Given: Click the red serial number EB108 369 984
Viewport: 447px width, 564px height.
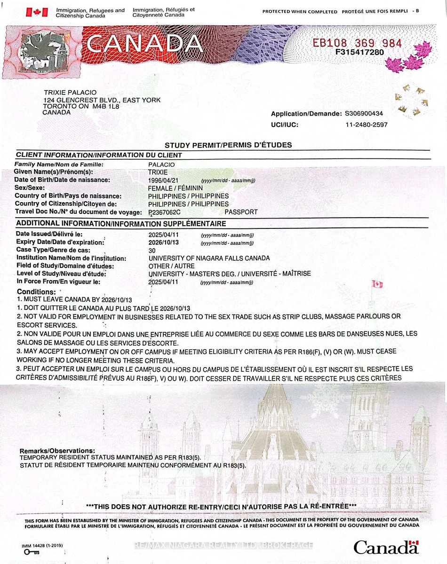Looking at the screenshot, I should click(358, 44).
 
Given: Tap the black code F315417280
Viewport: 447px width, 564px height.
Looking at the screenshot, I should click(359, 52).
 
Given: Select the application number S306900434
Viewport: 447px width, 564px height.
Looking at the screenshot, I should click(364, 114).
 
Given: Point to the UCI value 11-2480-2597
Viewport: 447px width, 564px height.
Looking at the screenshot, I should click(367, 125).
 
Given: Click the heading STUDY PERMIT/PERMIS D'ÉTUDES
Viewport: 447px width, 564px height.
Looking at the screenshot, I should click(228, 145).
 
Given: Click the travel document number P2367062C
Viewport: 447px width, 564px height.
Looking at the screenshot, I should click(164, 212).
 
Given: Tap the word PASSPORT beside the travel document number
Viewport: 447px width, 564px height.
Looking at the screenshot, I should click(241, 212).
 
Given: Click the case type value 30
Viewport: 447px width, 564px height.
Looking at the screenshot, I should click(152, 251).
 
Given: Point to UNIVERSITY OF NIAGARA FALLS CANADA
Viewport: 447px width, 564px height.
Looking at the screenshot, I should click(209, 258).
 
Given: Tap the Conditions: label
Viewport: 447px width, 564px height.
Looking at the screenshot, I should click(37, 292).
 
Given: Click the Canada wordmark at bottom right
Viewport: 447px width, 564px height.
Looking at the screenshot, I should click(386, 548).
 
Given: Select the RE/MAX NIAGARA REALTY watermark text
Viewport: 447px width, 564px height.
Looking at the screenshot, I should click(223, 545).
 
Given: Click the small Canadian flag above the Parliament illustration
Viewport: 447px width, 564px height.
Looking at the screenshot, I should click(377, 284).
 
